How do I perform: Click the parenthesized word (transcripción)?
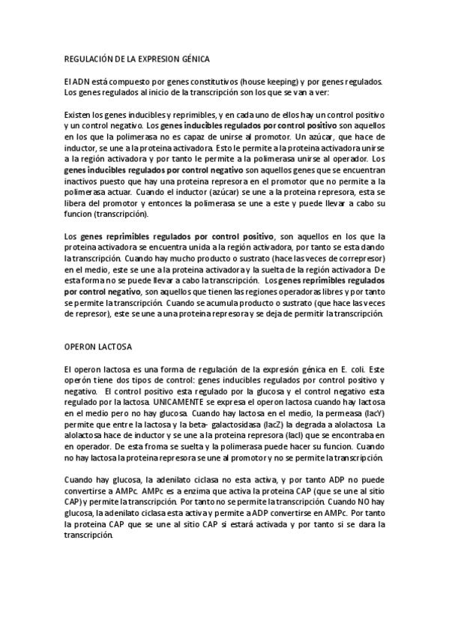(117, 214)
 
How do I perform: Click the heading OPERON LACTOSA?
(98, 347)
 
